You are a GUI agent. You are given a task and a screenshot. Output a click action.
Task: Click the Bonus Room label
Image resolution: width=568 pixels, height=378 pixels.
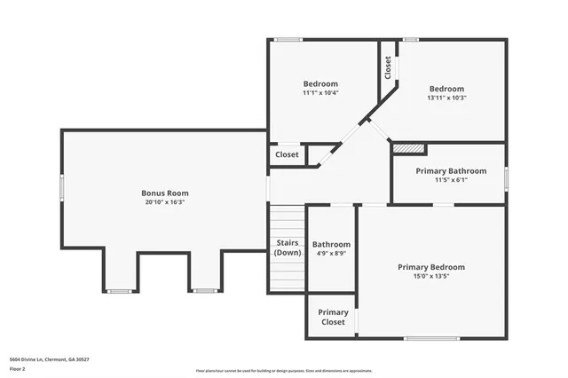tap(165, 193)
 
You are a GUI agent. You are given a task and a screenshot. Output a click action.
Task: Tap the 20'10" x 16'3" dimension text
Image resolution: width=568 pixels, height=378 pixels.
tap(165, 202)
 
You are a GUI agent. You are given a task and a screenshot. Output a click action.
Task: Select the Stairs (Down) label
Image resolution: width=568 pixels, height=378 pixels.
tap(287, 247)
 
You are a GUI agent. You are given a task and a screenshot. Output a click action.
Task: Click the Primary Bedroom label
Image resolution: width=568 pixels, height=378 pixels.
tap(431, 267)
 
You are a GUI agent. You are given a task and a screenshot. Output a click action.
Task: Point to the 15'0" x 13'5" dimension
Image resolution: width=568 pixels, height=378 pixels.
tap(431, 277)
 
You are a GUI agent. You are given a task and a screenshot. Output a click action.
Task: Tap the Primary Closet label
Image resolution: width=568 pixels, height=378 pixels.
tap(333, 318)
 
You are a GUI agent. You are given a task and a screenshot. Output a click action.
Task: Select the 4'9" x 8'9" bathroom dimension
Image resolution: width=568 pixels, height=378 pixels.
tap(331, 254)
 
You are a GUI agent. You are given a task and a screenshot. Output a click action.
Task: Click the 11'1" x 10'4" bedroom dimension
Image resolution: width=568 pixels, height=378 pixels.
tap(320, 93)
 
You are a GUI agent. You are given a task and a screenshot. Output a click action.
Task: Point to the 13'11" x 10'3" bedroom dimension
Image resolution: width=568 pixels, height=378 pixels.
tap(446, 98)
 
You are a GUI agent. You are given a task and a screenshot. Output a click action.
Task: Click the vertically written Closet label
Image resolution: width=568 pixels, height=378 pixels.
tap(388, 68)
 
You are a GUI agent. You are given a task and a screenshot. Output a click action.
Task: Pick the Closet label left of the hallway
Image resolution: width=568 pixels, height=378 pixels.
tap(287, 154)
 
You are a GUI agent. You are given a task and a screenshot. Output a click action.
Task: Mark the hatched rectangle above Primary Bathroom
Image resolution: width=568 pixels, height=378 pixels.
tap(409, 148)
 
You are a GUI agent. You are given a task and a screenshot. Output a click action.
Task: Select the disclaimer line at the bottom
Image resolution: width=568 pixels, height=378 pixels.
tap(284, 371)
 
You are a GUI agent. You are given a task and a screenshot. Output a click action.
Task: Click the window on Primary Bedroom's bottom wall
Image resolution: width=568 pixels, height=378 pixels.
tap(431, 338)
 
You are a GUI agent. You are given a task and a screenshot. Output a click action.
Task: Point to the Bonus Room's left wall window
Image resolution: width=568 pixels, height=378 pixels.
tap(61, 188)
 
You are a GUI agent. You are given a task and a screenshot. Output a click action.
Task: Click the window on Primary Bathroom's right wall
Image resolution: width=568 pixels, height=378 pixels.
tap(506, 177)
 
